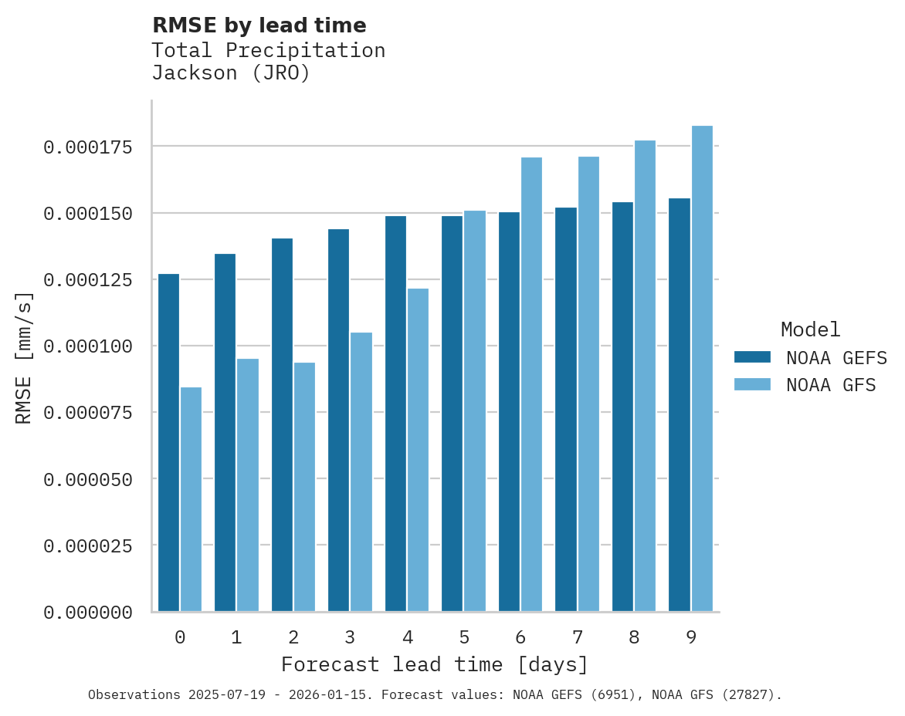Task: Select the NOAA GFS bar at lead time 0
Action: coord(191,499)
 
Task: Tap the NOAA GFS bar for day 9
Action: coord(702,368)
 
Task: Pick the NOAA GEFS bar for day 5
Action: coord(452,414)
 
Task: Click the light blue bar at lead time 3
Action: coord(361,471)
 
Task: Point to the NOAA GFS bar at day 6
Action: coord(531,384)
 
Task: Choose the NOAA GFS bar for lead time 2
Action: coord(304,487)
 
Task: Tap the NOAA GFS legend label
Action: coord(831,385)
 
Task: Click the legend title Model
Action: coord(810,329)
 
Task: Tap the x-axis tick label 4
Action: coord(407,637)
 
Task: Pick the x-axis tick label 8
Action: coord(634,637)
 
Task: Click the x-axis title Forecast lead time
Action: coord(435,664)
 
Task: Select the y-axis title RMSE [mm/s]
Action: coord(24,358)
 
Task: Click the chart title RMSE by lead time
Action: coord(259,25)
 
